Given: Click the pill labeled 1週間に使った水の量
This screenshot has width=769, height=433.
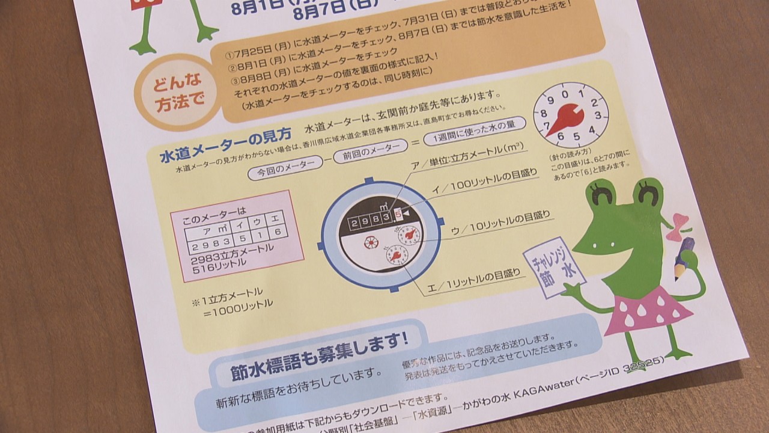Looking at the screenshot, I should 474,131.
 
